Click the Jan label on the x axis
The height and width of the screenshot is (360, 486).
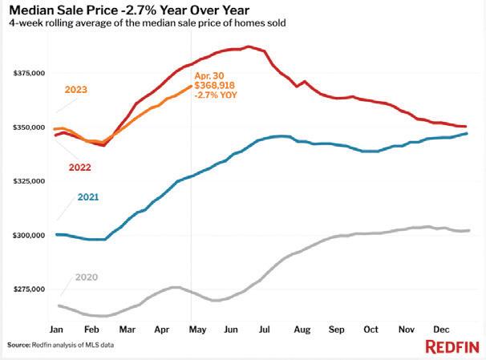[56, 330]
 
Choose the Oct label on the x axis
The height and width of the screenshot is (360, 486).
[371, 330]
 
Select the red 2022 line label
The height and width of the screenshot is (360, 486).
[79, 168]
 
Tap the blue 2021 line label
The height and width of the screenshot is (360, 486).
[89, 196]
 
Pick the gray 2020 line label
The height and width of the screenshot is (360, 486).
[87, 277]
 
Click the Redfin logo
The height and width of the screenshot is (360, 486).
[452, 346]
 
